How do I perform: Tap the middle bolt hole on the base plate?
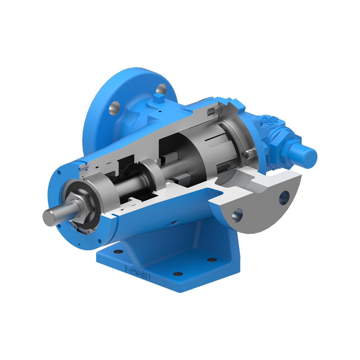(177, 274)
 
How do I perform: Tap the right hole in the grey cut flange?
(284, 197)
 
